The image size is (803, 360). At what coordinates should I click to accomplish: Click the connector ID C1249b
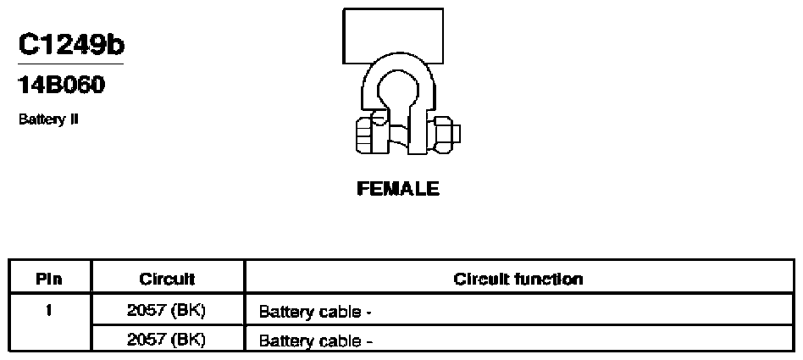pyautogui.click(x=71, y=45)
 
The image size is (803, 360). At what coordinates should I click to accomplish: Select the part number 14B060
pyautogui.click(x=62, y=85)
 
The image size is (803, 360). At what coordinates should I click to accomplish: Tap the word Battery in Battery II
pyautogui.click(x=42, y=119)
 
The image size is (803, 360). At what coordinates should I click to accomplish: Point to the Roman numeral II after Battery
pyautogui.click(x=75, y=119)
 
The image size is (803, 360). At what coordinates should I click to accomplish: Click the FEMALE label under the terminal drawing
pyautogui.click(x=398, y=188)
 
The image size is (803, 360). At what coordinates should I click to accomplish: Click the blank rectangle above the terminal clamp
pyautogui.click(x=393, y=36)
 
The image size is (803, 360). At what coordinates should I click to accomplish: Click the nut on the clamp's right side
pyautogui.click(x=442, y=134)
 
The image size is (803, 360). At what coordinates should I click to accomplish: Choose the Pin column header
pyautogui.click(x=49, y=279)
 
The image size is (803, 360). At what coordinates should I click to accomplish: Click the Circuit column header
pyautogui.click(x=167, y=279)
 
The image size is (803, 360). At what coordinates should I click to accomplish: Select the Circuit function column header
pyautogui.click(x=518, y=279)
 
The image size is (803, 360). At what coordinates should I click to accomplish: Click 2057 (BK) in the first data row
pyautogui.click(x=166, y=310)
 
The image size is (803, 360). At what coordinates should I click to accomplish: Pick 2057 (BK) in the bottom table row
pyautogui.click(x=166, y=339)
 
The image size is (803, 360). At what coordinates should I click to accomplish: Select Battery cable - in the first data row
pyautogui.click(x=315, y=312)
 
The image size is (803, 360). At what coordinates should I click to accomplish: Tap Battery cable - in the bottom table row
pyautogui.click(x=315, y=341)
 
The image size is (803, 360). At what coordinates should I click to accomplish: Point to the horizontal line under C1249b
pyautogui.click(x=70, y=64)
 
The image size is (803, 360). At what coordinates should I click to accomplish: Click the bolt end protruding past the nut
pyautogui.click(x=457, y=134)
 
